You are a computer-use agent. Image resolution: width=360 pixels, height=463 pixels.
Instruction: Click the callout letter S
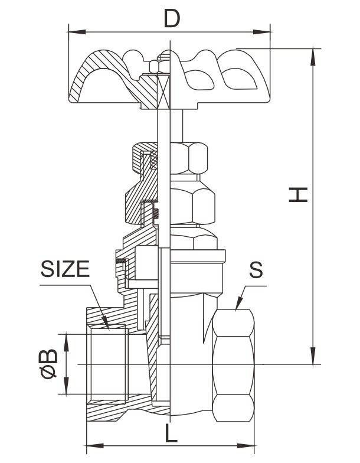(x=255, y=269)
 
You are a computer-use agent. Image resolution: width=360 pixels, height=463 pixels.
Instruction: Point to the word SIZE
(x=65, y=269)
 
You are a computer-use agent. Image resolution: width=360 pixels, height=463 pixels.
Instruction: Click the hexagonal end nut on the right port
(x=234, y=366)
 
